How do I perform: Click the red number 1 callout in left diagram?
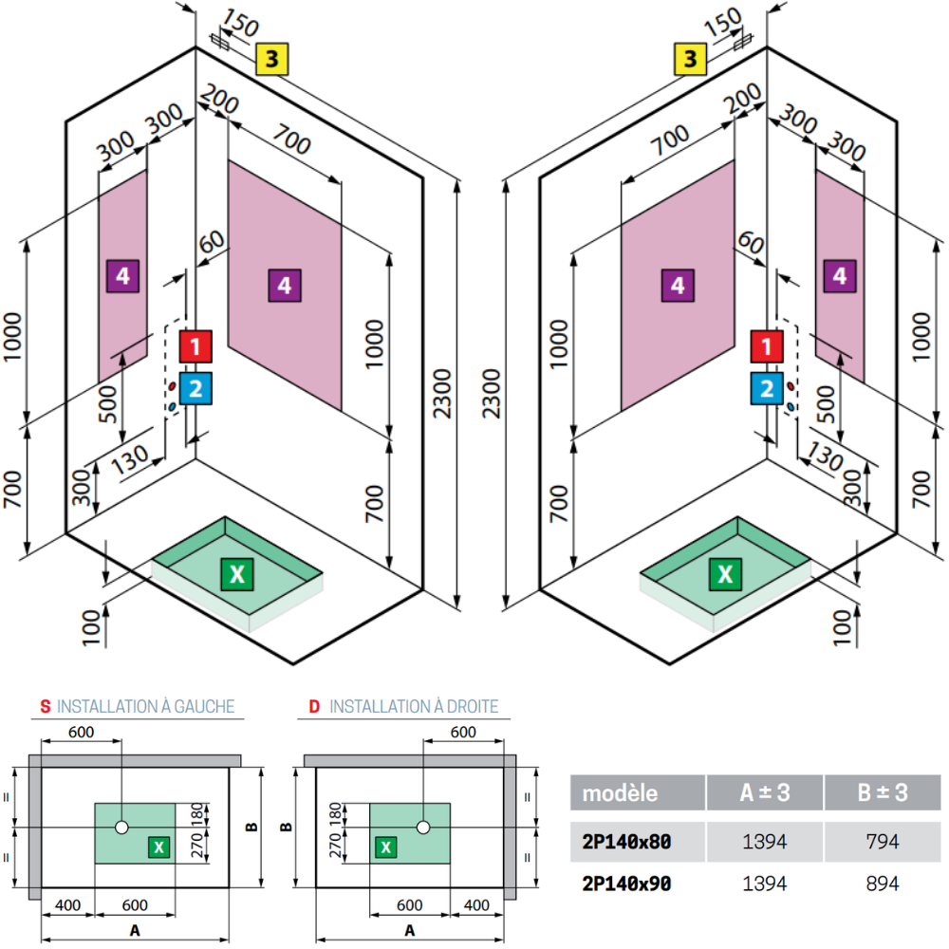(195, 346)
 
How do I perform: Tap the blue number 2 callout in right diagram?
(767, 388)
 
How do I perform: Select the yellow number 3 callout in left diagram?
(271, 59)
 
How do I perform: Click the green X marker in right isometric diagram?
(725, 574)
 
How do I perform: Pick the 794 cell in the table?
(883, 841)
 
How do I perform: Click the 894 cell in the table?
(883, 884)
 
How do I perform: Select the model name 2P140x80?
(626, 841)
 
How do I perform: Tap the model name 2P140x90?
(626, 884)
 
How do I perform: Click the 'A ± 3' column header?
(765, 792)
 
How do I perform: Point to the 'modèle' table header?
(620, 792)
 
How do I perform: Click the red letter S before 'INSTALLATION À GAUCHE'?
(46, 706)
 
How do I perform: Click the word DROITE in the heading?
(473, 706)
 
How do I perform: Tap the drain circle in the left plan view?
(121, 828)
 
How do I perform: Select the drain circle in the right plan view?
(423, 828)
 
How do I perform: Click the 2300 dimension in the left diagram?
(442, 394)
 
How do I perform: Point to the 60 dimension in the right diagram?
(751, 243)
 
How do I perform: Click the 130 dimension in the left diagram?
(129, 460)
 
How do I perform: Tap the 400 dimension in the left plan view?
(67, 904)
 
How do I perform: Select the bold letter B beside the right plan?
(287, 828)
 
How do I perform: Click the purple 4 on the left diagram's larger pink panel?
(285, 286)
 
